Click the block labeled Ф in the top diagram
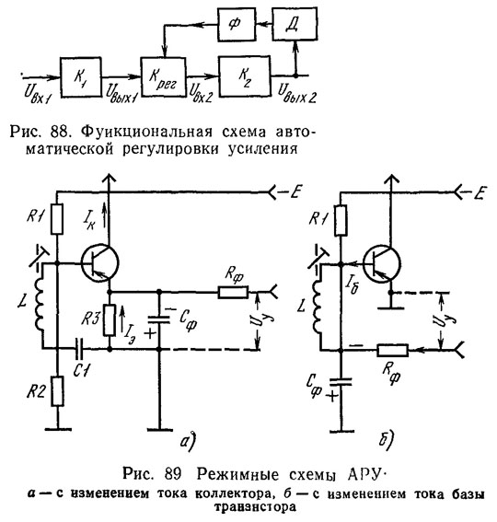(237, 24)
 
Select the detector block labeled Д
(295, 24)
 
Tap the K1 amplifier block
(81, 77)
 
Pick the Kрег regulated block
(163, 77)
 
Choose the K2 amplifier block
(245, 76)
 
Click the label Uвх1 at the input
(38, 93)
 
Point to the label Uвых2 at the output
(297, 93)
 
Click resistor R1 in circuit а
(57, 219)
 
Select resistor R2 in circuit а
(57, 391)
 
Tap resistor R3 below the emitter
(110, 320)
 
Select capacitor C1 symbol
(80, 349)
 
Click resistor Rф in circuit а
(233, 293)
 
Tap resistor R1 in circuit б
(341, 220)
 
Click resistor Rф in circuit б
(393, 350)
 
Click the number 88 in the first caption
(60, 132)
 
